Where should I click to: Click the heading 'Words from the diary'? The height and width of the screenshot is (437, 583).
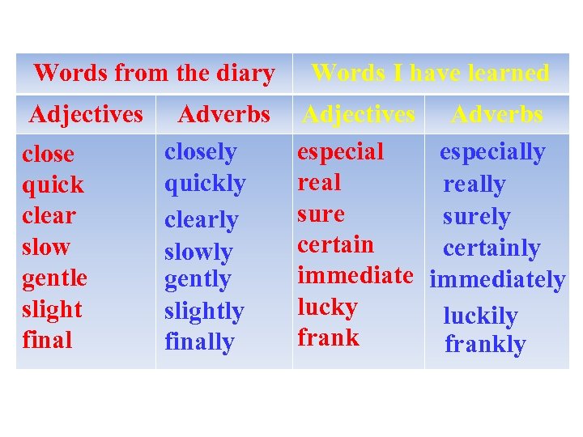click(154, 73)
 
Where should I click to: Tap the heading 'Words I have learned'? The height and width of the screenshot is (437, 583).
click(430, 73)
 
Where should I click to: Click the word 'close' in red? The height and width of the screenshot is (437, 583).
click(48, 154)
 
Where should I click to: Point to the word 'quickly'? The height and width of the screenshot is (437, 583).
click(205, 184)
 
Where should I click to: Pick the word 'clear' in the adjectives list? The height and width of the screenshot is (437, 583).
click(49, 215)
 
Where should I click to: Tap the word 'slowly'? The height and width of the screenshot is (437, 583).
click(198, 252)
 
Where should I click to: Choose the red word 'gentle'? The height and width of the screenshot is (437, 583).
click(54, 278)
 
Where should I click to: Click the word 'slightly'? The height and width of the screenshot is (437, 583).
click(204, 312)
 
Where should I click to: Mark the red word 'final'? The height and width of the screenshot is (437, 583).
click(47, 340)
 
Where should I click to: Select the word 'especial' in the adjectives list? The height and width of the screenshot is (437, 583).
click(341, 151)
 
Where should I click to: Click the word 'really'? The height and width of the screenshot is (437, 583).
click(474, 185)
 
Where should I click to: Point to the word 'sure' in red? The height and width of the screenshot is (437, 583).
click(321, 214)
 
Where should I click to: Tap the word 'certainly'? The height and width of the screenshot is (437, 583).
click(492, 248)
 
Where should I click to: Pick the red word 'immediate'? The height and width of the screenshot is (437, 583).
click(355, 275)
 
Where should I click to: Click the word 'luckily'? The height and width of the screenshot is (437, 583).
click(480, 316)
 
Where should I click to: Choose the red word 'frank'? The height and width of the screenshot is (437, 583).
click(328, 337)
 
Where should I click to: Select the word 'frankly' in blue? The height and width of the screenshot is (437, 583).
click(485, 345)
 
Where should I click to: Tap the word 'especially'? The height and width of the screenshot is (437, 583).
click(492, 152)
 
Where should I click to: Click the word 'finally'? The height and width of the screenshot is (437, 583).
click(199, 342)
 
